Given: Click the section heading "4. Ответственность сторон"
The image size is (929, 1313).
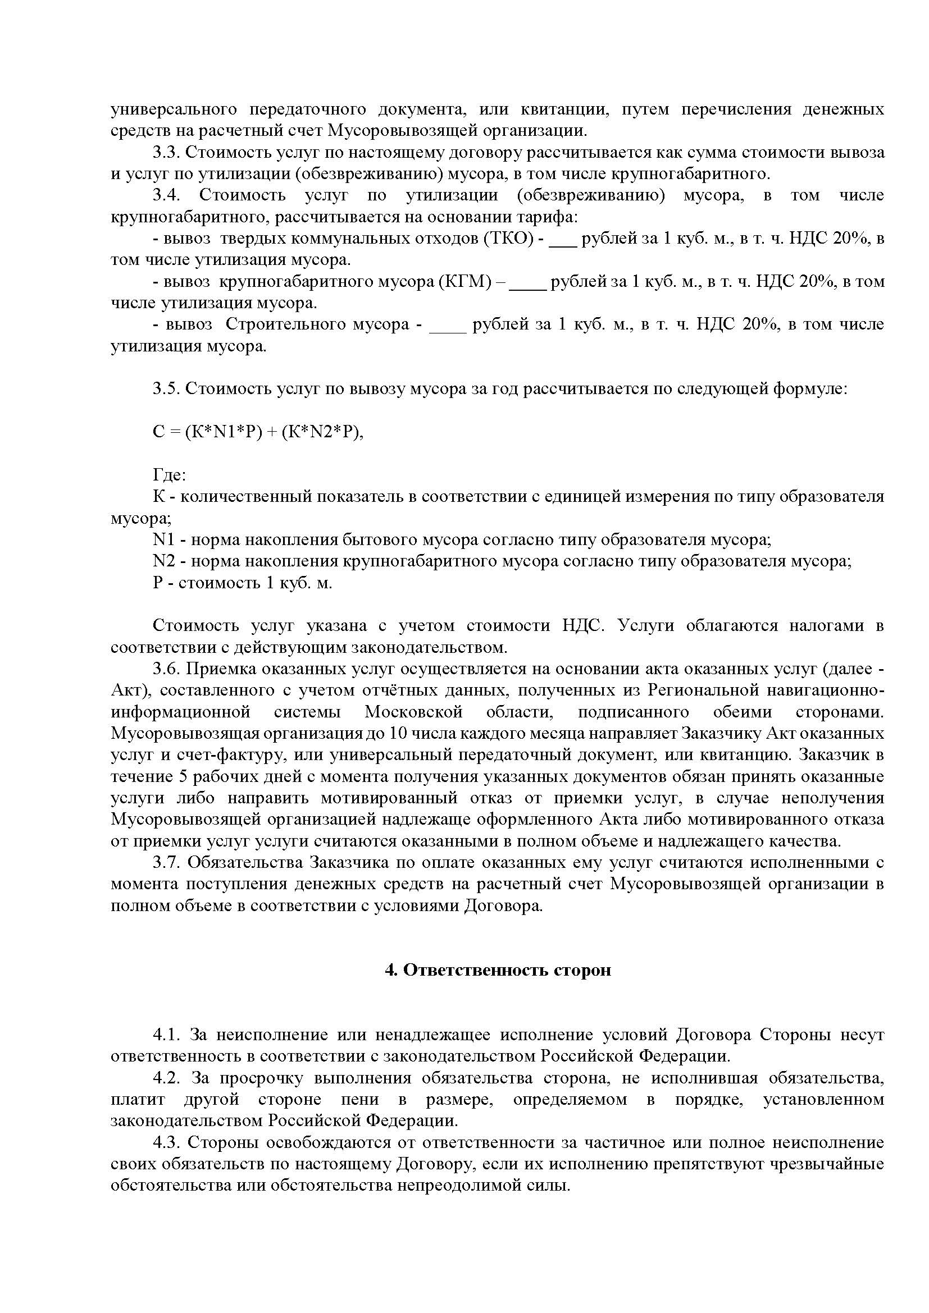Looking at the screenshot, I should point(498,970).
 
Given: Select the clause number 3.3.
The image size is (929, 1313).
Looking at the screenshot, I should point(166,153).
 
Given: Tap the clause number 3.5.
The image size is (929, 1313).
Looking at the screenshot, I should point(166,389).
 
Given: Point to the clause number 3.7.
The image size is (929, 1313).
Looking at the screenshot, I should point(166,862).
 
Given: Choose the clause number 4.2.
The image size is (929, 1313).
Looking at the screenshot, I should point(166,1078).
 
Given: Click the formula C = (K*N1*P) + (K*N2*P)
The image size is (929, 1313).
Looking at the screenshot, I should point(258,432).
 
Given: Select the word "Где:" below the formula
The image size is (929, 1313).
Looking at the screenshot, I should point(169,475).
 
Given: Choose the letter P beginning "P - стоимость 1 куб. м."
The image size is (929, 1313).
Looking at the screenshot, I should point(158,583).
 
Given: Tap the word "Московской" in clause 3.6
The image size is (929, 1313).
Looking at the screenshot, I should point(413,712).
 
